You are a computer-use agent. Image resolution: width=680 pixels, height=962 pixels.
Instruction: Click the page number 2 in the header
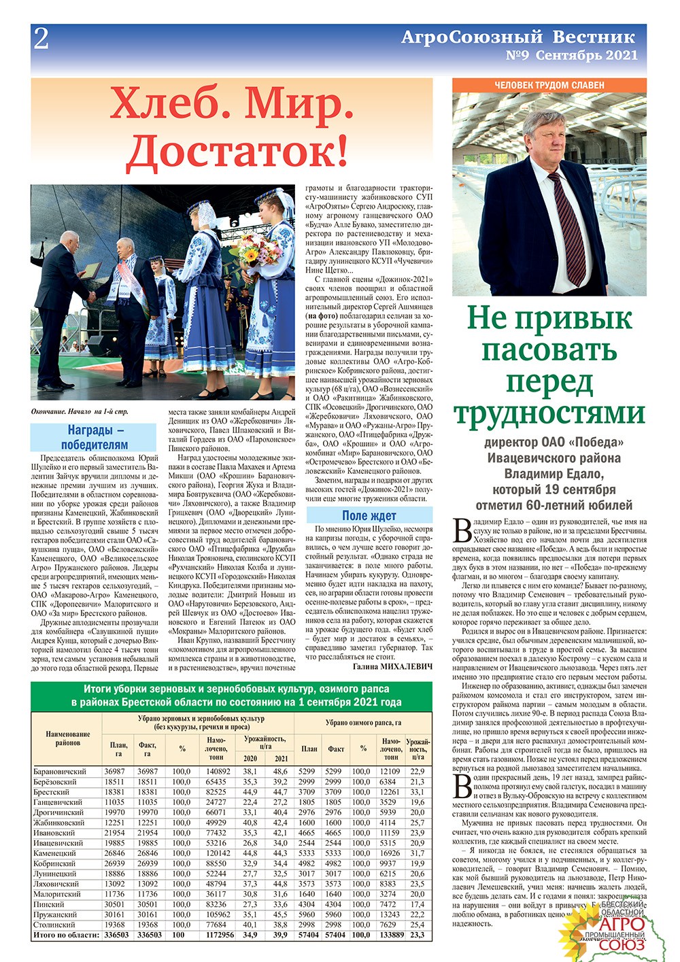41,39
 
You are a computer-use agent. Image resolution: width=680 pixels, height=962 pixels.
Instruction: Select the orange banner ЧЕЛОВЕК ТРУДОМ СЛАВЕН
549,85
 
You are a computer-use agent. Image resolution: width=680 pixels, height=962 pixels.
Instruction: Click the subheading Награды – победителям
94,437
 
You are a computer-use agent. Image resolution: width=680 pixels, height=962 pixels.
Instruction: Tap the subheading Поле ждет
369,515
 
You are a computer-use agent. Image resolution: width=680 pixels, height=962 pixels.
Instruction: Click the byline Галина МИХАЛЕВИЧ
393,667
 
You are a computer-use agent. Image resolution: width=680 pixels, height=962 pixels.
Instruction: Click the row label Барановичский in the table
60,771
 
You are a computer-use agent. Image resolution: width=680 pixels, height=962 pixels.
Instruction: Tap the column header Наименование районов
67,738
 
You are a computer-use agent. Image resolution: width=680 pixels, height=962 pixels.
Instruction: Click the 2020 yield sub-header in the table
250,758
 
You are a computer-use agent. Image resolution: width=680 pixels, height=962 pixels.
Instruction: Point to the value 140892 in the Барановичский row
216,771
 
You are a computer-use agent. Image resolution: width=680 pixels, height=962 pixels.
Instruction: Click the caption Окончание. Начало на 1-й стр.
80,411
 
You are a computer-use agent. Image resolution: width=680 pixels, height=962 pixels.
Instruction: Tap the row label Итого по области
65,935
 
